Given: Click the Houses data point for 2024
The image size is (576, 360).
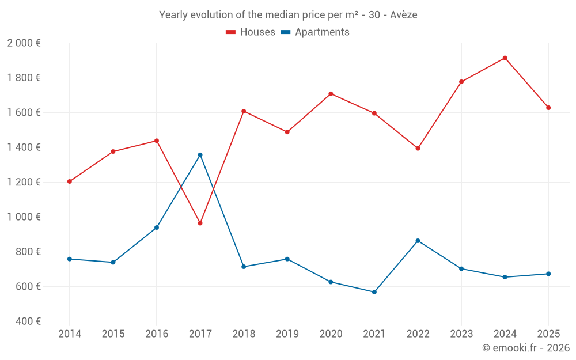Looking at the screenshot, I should click(x=505, y=58).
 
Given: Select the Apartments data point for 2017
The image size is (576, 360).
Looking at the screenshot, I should click(x=200, y=155).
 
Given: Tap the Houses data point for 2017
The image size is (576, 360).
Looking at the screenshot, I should click(x=200, y=223).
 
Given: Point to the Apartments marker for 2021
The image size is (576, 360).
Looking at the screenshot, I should click(x=374, y=292).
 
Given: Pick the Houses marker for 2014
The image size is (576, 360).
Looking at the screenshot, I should click(x=70, y=181).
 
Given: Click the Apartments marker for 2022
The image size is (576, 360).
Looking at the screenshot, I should click(x=418, y=241).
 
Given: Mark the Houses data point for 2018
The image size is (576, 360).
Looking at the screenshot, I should click(x=244, y=111).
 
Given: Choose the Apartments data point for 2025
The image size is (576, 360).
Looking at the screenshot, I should click(x=548, y=274).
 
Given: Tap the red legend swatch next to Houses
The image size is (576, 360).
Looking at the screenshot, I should click(x=231, y=32).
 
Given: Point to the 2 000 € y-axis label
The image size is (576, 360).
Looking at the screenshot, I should click(x=24, y=43).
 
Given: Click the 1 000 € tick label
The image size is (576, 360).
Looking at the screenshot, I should click(x=24, y=217).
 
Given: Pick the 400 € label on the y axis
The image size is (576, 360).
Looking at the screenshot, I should click(x=27, y=321).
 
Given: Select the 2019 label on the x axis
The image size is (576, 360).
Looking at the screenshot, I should click(x=287, y=334).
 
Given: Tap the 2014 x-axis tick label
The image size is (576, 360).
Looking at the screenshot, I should click(x=70, y=334).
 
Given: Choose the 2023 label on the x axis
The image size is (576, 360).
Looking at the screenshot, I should click(x=461, y=334).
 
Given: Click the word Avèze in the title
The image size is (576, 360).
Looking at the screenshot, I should click(x=403, y=15).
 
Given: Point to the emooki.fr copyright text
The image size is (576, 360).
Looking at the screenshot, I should click(x=526, y=348).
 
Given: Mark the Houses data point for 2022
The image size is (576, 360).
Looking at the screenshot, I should click(x=418, y=149).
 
